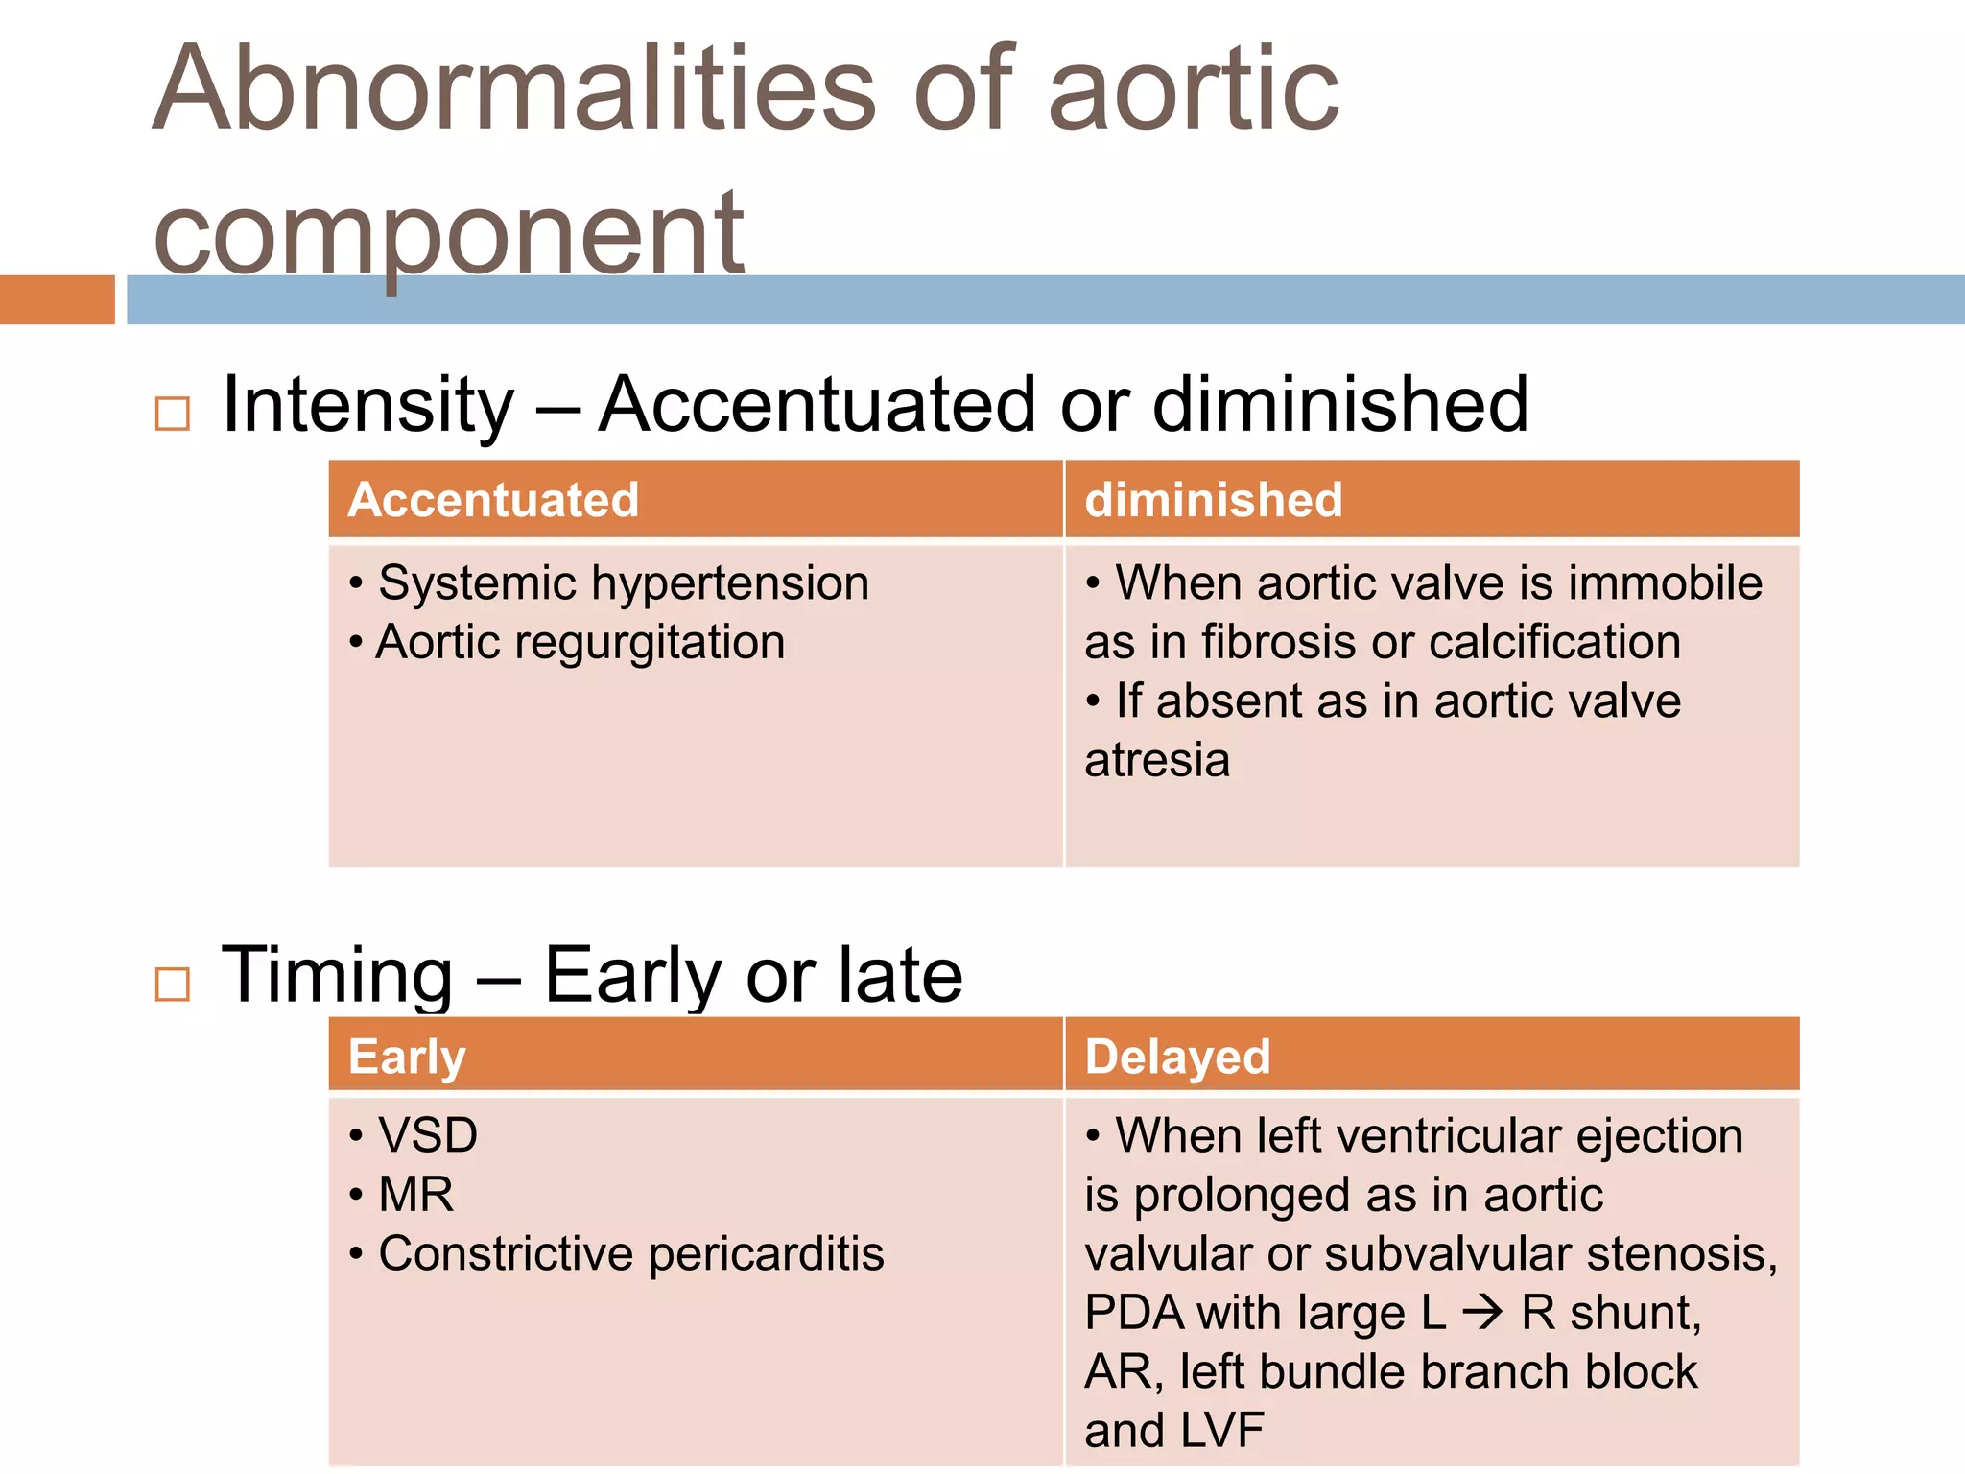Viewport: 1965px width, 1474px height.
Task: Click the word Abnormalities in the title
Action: pos(514,88)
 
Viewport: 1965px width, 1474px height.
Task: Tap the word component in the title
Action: pos(448,233)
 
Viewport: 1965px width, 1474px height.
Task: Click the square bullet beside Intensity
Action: pos(173,414)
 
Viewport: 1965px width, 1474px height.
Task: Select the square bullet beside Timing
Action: pos(173,984)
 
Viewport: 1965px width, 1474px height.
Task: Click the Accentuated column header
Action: pos(493,500)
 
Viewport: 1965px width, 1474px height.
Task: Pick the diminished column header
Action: pos(1213,500)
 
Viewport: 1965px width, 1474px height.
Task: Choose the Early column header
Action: pos(407,1057)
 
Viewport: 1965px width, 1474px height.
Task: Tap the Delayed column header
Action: pos(1177,1057)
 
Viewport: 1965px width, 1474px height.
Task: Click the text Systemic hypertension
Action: pos(624,583)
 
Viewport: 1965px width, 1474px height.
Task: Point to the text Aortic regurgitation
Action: pos(580,642)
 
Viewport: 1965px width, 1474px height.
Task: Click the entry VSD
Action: pos(428,1136)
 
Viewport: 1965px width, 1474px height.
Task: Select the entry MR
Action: pos(415,1195)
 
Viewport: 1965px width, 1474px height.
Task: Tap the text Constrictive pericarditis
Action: pos(630,1254)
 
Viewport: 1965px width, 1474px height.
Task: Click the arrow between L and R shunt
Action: pos(1483,1313)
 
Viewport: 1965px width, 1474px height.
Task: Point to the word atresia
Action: pos(1157,760)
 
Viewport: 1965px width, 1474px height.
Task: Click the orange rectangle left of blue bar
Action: pos(57,299)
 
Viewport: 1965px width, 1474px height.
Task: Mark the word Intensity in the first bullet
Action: pos(367,405)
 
